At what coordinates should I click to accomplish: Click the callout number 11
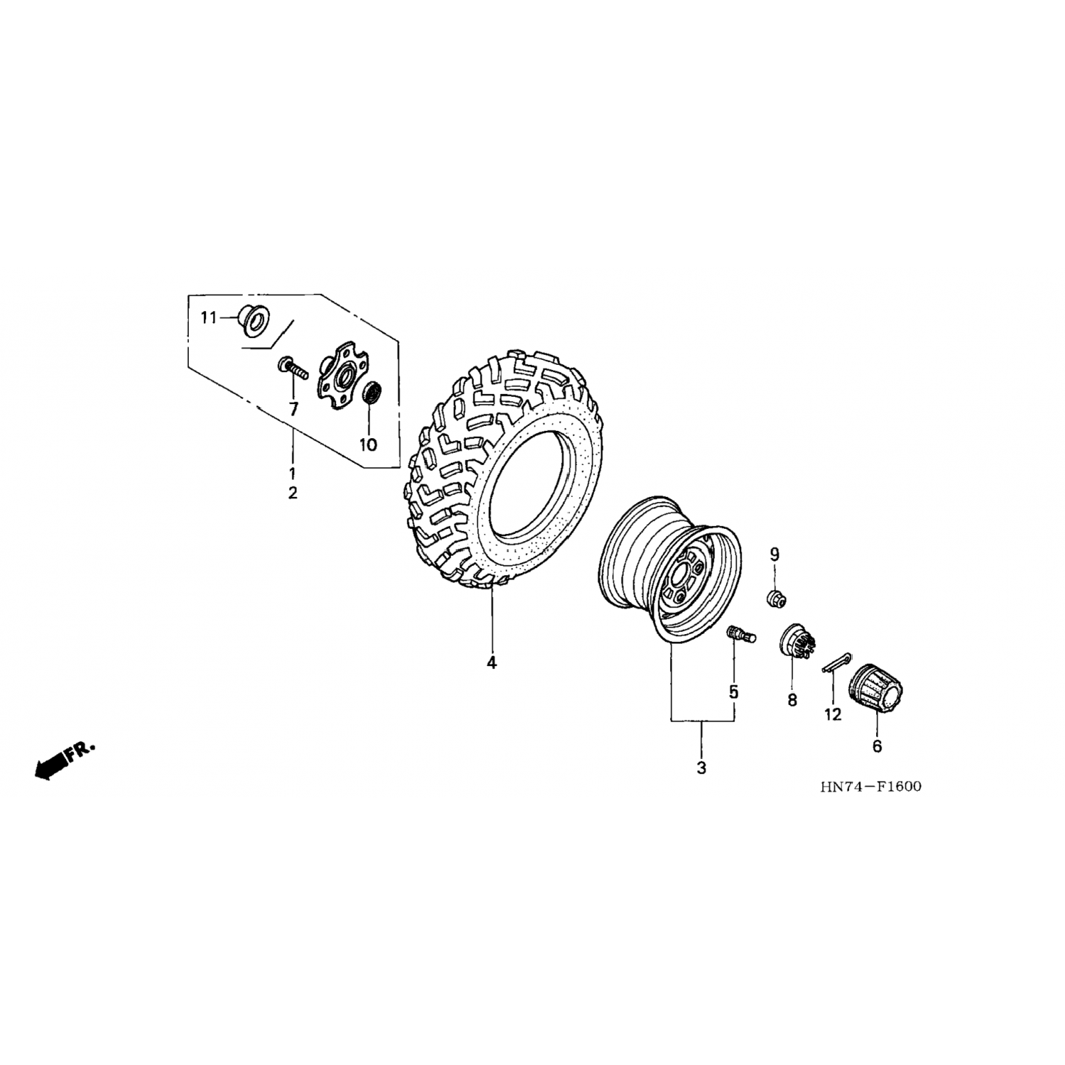[207, 317]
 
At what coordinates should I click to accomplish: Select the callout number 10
[368, 445]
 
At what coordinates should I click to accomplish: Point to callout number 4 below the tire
[491, 662]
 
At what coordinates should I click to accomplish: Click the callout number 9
[775, 555]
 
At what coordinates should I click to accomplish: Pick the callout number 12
[833, 714]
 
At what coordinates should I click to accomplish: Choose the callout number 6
[877, 746]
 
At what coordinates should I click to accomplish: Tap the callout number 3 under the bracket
[701, 768]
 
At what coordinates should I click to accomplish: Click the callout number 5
[733, 691]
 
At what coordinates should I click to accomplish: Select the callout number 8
[792, 700]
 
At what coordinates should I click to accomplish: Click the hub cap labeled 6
[878, 688]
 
